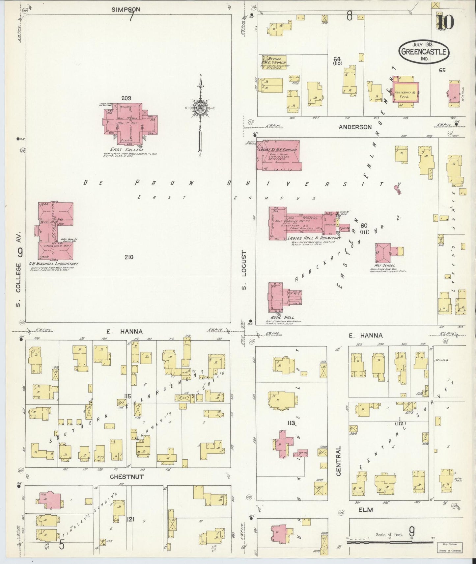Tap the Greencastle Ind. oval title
(x=424, y=52)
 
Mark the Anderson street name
(x=355, y=127)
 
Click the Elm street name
(x=366, y=510)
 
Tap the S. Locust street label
(x=244, y=270)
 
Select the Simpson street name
(x=126, y=10)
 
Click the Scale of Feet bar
(x=390, y=541)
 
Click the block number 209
(x=126, y=98)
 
